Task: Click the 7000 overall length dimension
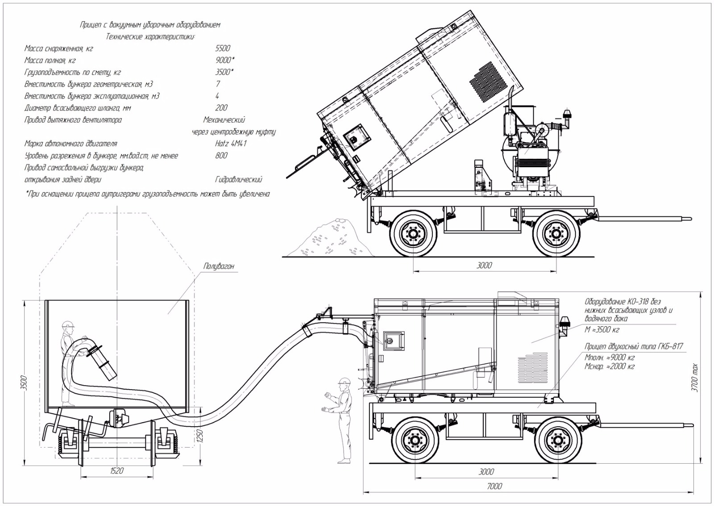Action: (494, 486)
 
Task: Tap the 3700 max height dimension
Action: (694, 378)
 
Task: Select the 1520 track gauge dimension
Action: (116, 471)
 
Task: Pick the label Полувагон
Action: (219, 267)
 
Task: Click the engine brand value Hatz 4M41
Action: (230, 144)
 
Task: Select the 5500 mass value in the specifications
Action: (222, 49)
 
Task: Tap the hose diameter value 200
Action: (221, 108)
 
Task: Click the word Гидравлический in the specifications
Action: (238, 180)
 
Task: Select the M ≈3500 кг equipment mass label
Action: (602, 330)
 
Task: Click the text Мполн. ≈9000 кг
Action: (610, 358)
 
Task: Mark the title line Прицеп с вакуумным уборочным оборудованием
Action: (150, 25)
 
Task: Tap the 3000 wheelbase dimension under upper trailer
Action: (484, 265)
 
